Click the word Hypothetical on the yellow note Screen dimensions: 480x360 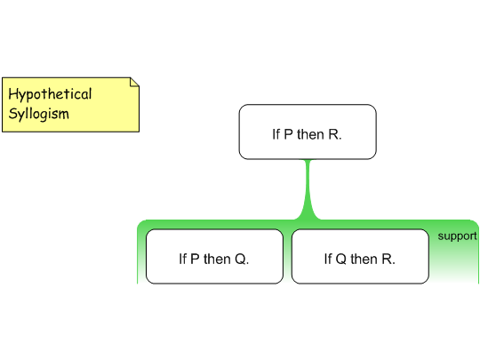(50, 94)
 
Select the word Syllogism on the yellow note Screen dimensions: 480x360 (38, 114)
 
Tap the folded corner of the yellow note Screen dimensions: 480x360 (134, 82)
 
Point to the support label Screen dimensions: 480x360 (457, 236)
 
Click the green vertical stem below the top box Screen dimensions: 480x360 (308, 189)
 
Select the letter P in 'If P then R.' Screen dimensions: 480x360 (288, 134)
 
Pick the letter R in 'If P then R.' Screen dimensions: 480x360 (332, 134)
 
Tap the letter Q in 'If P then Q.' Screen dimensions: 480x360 (240, 260)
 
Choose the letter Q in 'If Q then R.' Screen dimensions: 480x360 (341, 260)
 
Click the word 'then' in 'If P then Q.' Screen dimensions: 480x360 (217, 259)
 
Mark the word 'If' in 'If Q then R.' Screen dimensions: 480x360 (328, 259)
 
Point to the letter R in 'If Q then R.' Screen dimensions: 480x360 (387, 260)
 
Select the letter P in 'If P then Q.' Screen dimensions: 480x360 (195, 260)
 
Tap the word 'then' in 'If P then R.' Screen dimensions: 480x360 (310, 134)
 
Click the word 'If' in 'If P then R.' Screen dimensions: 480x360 (276, 134)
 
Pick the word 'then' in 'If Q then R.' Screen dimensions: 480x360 (364, 259)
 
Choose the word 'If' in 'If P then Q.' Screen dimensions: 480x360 (183, 259)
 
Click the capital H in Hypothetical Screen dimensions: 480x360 (12, 93)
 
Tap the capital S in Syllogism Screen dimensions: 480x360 (12, 114)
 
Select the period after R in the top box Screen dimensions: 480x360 (340, 139)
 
